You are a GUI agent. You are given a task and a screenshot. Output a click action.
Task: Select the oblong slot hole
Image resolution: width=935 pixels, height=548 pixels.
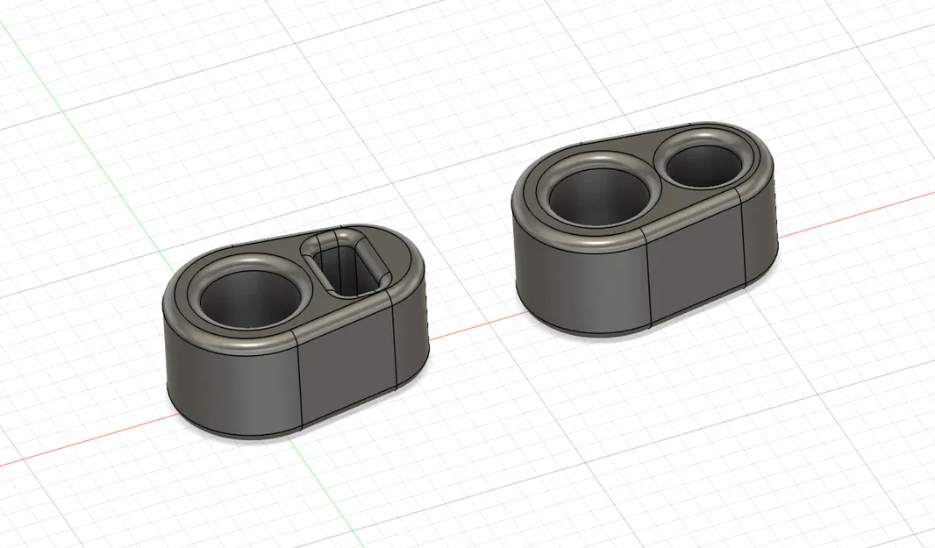(x=351, y=263)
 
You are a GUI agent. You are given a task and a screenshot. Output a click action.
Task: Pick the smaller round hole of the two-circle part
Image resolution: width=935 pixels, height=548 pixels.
(x=704, y=162)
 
